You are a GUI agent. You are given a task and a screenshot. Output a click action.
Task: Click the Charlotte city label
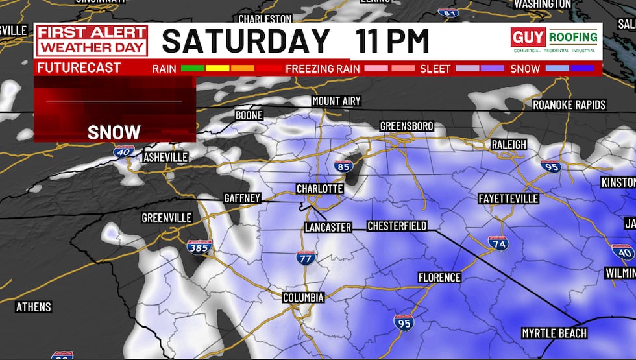[x=319, y=188]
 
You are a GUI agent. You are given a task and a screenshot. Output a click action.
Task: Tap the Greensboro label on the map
[x=406, y=125]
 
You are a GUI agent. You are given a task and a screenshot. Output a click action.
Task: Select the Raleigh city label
[x=509, y=145]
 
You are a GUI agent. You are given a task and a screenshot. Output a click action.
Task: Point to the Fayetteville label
[x=508, y=198]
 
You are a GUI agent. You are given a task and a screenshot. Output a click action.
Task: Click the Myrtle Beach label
[x=554, y=333]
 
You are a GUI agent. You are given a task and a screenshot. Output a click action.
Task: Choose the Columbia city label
[x=303, y=297]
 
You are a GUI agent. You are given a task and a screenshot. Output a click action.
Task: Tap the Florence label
[x=439, y=278]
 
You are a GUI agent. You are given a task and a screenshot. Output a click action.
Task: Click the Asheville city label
[x=165, y=157]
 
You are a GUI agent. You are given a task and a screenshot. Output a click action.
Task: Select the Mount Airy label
[x=336, y=101]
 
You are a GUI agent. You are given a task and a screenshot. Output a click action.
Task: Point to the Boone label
[x=249, y=115]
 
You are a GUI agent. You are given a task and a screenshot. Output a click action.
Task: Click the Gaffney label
[x=242, y=198]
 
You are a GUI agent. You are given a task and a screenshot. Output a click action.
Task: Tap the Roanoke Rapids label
[x=569, y=104]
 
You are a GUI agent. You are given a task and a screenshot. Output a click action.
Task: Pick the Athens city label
[x=34, y=307]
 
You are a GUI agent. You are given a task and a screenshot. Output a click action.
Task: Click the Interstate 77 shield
[x=306, y=257]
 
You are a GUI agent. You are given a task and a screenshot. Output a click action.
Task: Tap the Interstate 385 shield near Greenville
[x=199, y=246]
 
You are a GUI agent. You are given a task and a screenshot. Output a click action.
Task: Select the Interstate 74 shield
[x=498, y=243]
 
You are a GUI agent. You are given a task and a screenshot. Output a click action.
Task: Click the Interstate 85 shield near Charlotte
[x=344, y=167]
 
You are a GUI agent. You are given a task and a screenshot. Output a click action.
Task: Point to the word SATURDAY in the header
[x=246, y=41]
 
